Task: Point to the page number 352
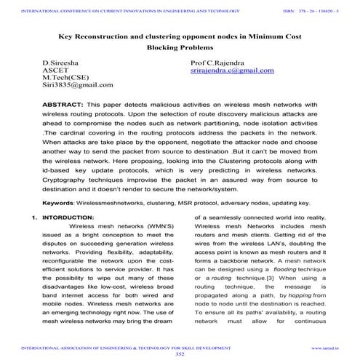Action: click(x=180, y=354)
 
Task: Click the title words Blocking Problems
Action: click(x=180, y=49)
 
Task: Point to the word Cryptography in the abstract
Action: click(x=68, y=176)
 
